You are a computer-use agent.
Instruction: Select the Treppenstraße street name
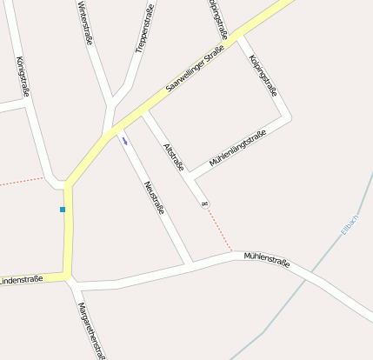[x=144, y=30]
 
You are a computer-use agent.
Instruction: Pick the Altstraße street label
[x=174, y=158]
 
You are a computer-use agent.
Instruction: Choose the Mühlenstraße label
[x=266, y=258]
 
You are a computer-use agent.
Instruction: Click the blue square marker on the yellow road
[x=63, y=210]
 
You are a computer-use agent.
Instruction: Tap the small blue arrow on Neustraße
[x=124, y=140]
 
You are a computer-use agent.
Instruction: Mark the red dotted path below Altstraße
[x=219, y=230]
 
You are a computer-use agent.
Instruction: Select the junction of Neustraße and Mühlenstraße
[x=190, y=263]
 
